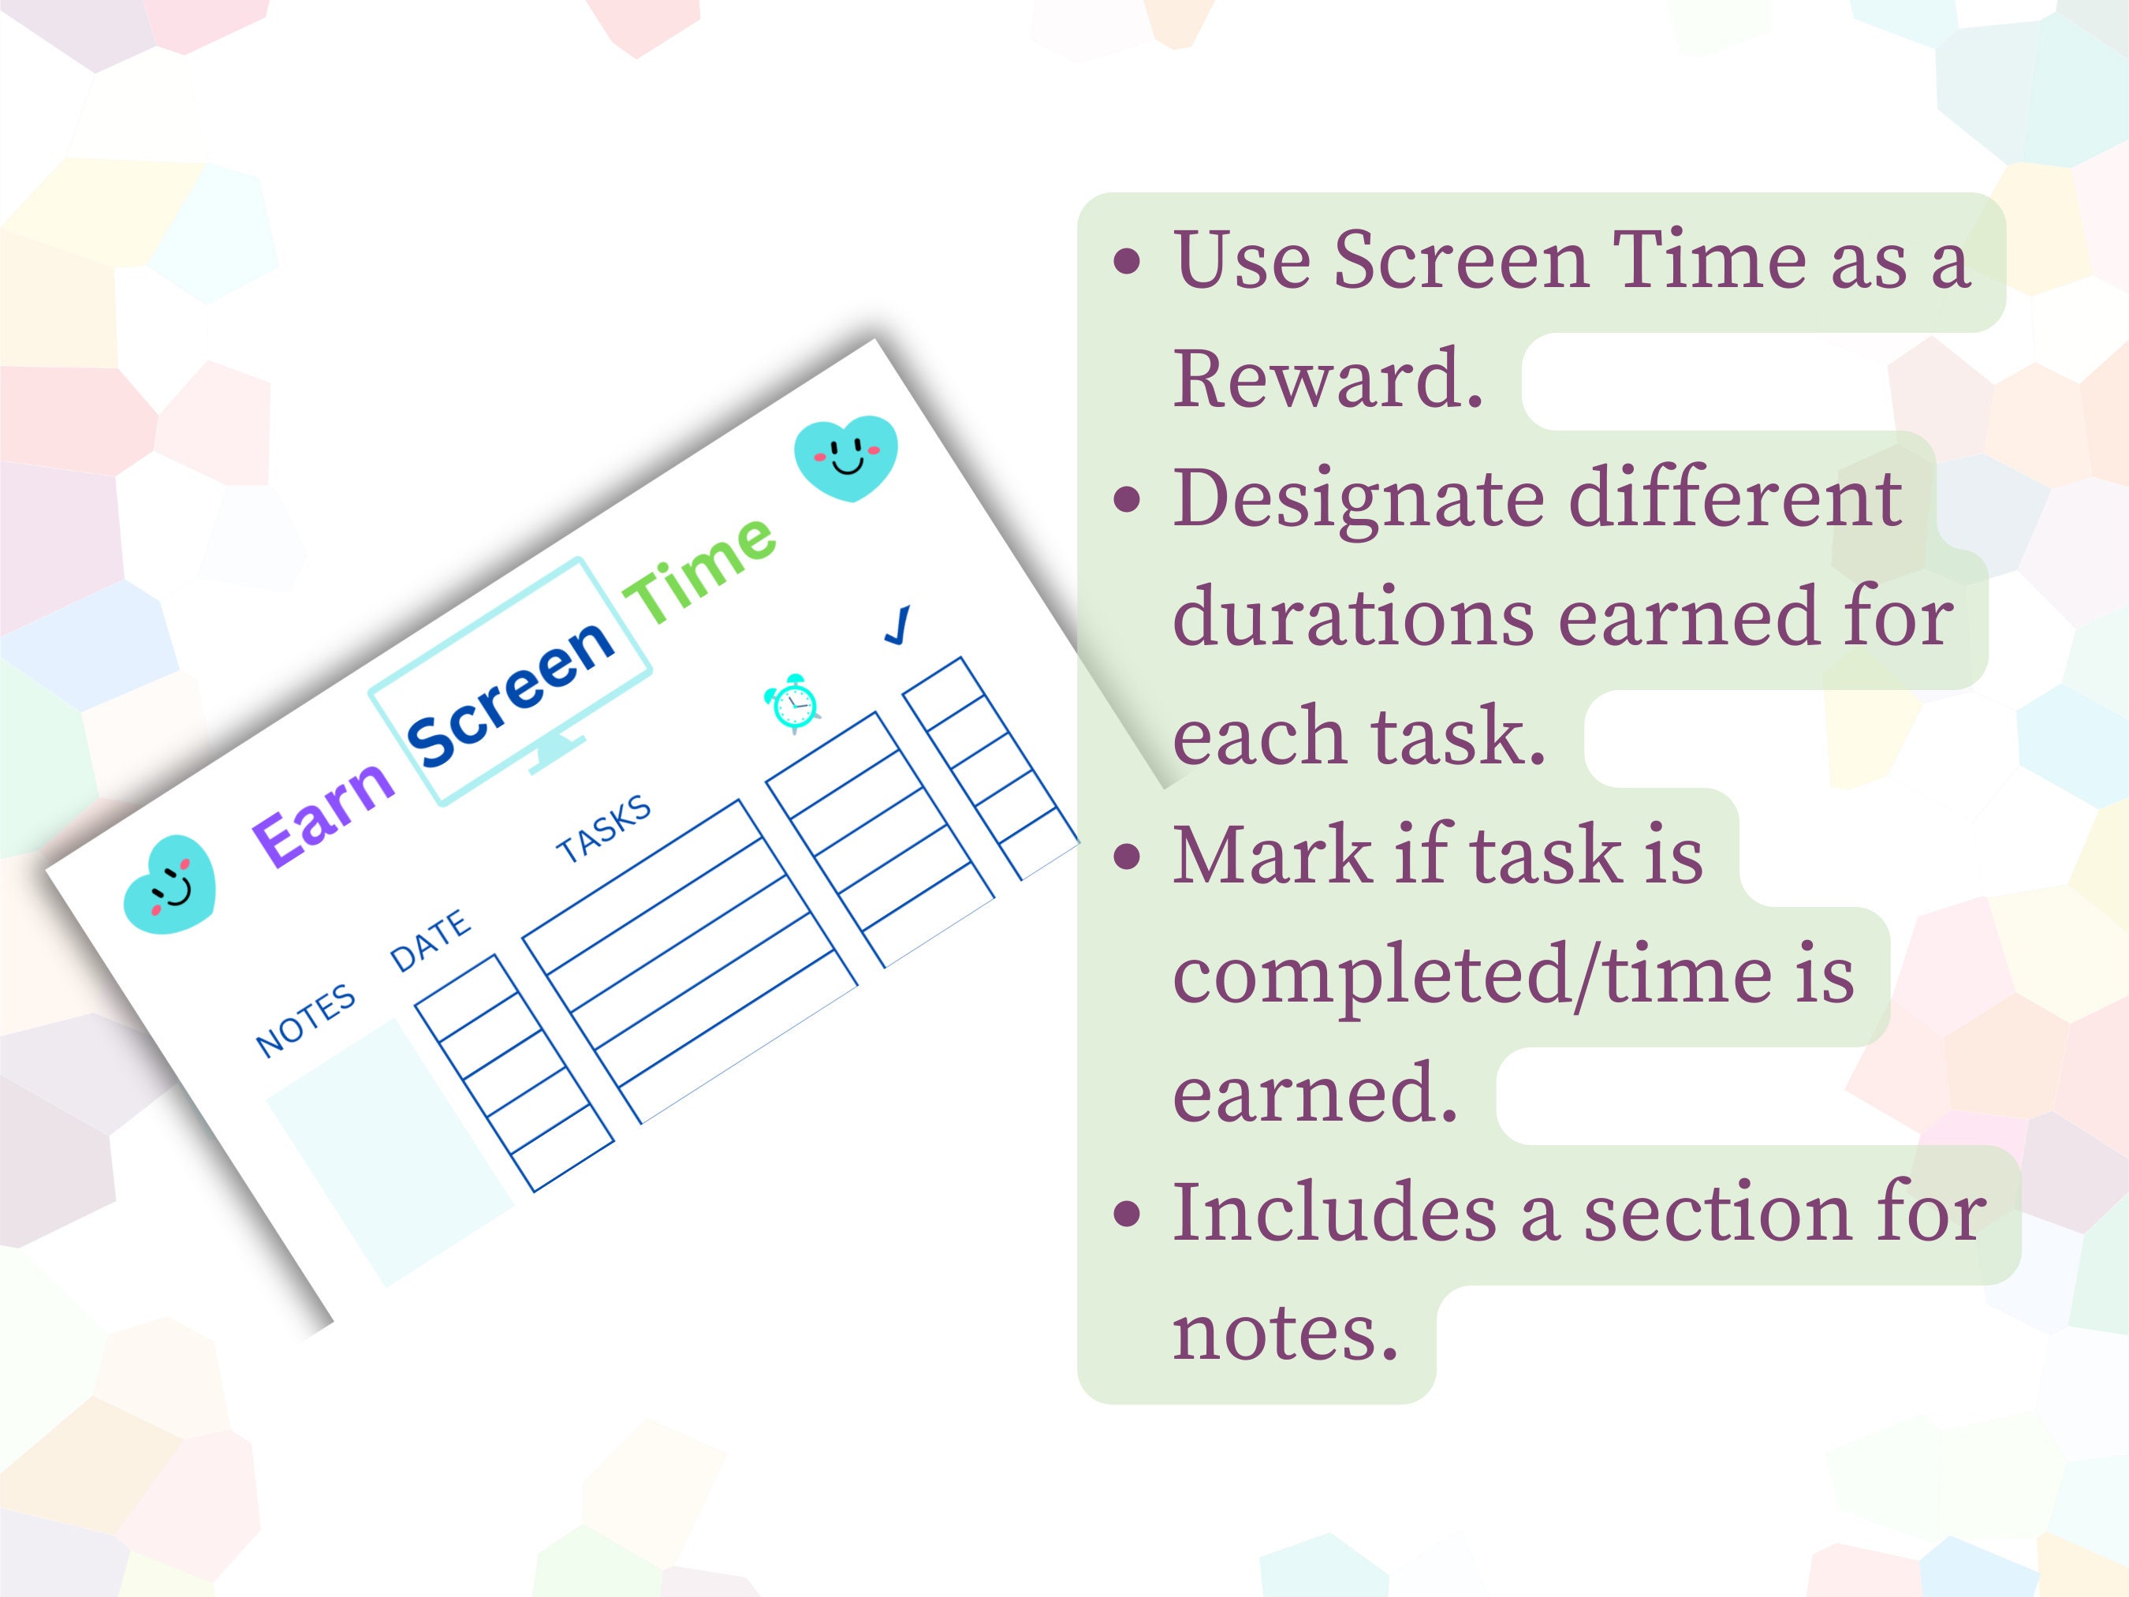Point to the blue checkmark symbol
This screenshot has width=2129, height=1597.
(x=897, y=625)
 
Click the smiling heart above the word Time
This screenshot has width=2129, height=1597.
(x=846, y=457)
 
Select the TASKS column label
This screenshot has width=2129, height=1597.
(x=603, y=829)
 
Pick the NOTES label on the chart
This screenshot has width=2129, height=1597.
(x=305, y=1021)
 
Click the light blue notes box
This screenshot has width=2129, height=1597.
(x=389, y=1151)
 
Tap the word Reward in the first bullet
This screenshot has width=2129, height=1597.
(x=1326, y=379)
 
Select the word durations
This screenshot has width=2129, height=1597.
(x=1352, y=617)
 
